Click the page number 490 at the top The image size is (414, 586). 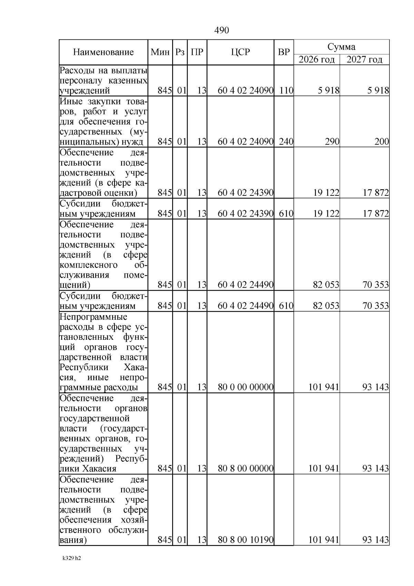click(221, 30)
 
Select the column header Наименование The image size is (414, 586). click(103, 52)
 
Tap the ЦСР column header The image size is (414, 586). click(240, 52)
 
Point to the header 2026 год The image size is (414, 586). click(316, 59)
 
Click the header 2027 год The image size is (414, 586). click(364, 59)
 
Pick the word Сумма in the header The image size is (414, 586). click(341, 47)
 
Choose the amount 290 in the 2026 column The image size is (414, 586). click(332, 142)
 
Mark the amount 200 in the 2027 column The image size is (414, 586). click(382, 142)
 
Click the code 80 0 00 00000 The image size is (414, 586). click(246, 387)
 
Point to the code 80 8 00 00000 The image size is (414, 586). click(246, 469)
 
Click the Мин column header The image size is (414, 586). click(160, 52)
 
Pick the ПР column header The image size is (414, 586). click(197, 52)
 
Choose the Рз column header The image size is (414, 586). click(180, 52)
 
